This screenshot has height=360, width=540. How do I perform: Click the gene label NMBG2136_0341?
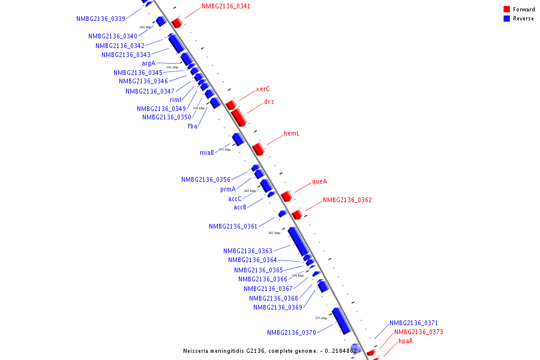pyautogui.click(x=226, y=6)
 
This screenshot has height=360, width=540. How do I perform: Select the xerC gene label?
pyautogui.click(x=263, y=89)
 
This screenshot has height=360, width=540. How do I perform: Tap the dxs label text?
pyautogui.click(x=269, y=101)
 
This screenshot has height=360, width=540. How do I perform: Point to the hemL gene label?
pyautogui.click(x=292, y=133)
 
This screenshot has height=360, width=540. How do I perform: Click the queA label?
pyautogui.click(x=319, y=181)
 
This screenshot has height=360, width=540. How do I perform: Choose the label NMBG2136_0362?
pyautogui.click(x=347, y=200)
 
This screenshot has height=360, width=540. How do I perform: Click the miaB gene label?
pyautogui.click(x=207, y=152)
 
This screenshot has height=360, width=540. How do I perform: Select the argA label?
pyautogui.click(x=148, y=63)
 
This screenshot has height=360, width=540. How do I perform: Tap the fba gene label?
pyautogui.click(x=193, y=126)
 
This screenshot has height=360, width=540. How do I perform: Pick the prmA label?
pyautogui.click(x=228, y=189)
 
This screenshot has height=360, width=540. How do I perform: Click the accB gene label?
pyautogui.click(x=240, y=207)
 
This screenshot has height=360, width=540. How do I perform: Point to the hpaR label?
pyautogui.click(x=406, y=341)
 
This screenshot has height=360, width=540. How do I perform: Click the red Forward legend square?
pyautogui.click(x=507, y=10)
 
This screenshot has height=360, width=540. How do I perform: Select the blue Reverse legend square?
pyautogui.click(x=507, y=19)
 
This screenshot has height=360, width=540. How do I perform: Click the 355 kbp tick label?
pyautogui.click(x=224, y=149)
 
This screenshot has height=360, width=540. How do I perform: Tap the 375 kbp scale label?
pyautogui.click(x=321, y=318)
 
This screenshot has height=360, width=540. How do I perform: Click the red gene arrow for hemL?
pyautogui.click(x=258, y=148)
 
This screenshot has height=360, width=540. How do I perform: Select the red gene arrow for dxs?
pyautogui.click(x=238, y=116)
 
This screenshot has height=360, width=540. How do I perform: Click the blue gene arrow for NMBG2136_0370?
pyautogui.click(x=341, y=320)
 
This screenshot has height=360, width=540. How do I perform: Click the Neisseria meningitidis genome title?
pyautogui.click(x=270, y=350)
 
